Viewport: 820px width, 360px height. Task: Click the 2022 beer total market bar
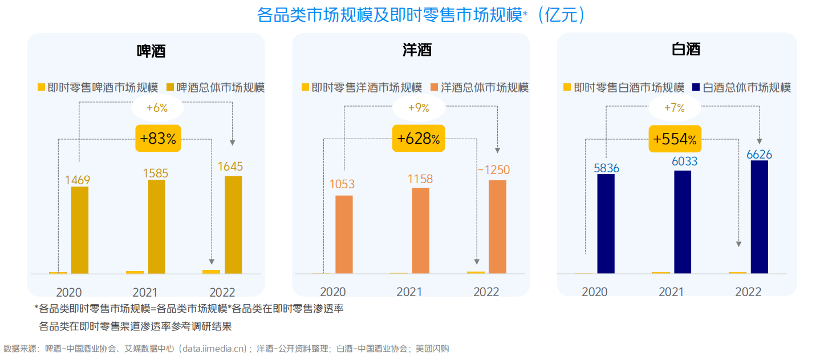pyautogui.click(x=233, y=225)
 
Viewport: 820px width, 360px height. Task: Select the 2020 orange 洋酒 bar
pyautogui.click(x=344, y=234)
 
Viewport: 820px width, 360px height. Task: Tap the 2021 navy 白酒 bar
pyautogui.click(x=683, y=222)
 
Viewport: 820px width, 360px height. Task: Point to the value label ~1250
pyautogui.click(x=493, y=170)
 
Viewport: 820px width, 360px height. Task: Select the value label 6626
pyautogui.click(x=760, y=154)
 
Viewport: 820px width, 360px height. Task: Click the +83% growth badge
pyautogui.click(x=158, y=139)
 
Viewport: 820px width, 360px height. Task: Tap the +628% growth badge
pyautogui.click(x=419, y=139)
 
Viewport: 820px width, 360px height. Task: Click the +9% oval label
pyautogui.click(x=419, y=107)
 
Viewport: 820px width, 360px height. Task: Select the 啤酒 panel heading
pyautogui.click(x=151, y=50)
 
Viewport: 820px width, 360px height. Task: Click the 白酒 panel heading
pyautogui.click(x=686, y=49)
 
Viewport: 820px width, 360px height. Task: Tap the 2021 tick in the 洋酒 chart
pyautogui.click(x=409, y=292)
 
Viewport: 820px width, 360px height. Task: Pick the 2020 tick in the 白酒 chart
pyautogui.click(x=594, y=292)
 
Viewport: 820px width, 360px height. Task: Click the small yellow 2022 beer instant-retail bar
pyautogui.click(x=211, y=272)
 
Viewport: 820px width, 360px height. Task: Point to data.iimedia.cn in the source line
pyautogui.click(x=214, y=348)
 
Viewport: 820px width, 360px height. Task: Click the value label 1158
pyautogui.click(x=420, y=179)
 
